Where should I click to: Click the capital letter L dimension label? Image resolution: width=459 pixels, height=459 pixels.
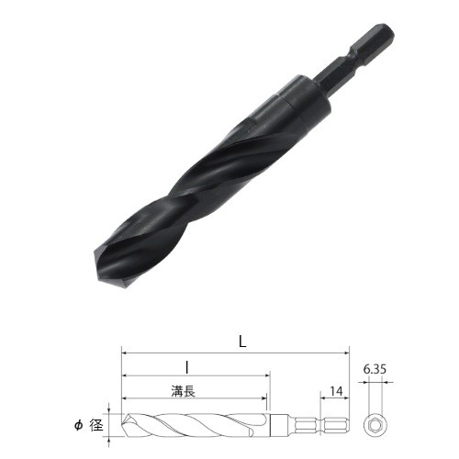pyautogui.click(x=242, y=341)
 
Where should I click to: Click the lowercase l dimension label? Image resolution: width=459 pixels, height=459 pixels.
pyautogui.click(x=187, y=367)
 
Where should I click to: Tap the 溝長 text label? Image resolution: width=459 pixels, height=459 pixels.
pyautogui.click(x=184, y=391)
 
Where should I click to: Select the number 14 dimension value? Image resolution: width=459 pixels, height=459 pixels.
pyautogui.click(x=336, y=391)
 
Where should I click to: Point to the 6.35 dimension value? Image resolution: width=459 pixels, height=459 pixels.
pyautogui.click(x=375, y=369)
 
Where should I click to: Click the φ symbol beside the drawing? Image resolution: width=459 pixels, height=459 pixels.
pyautogui.click(x=79, y=425)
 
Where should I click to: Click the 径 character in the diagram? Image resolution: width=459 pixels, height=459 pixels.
pyautogui.click(x=96, y=425)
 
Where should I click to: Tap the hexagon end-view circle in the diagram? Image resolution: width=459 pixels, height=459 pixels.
pyautogui.click(x=375, y=426)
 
